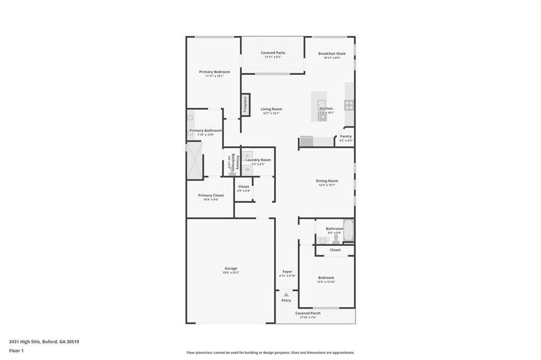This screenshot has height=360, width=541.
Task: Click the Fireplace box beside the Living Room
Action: coord(245,105)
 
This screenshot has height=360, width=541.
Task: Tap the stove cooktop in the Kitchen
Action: coord(349,105)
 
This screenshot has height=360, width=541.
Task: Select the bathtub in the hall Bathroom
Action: coord(348,230)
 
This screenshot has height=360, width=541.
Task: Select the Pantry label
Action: coord(346,136)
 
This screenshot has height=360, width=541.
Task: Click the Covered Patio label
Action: coord(273,53)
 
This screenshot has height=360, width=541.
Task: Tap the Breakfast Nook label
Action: coord(332,53)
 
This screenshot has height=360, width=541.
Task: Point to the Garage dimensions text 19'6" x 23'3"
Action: coord(230,272)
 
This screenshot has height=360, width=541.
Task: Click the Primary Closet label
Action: coord(211,195)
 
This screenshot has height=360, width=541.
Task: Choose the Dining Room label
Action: coord(327,181)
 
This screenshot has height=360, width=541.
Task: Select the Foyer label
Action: coord(287,271)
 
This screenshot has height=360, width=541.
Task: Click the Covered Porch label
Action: coord(307,313)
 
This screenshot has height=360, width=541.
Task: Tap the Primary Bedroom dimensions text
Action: coord(214,76)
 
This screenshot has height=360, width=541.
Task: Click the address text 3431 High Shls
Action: coord(24,342)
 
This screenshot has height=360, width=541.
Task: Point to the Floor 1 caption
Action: coord(16,350)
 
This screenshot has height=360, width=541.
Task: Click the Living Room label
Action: coord(271,109)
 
